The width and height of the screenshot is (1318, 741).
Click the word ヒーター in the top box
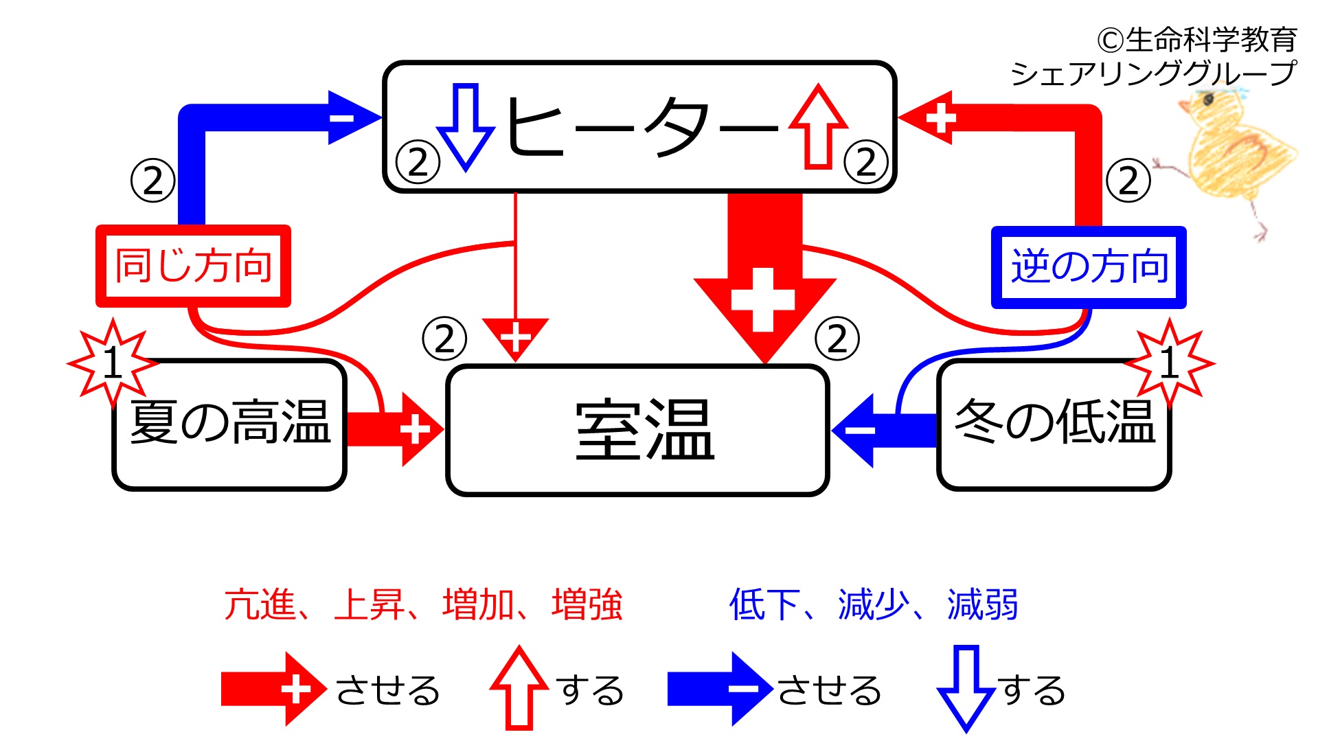[x=642, y=127]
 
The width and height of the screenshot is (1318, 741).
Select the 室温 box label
[x=644, y=430]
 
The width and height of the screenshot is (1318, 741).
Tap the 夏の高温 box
[x=229, y=424]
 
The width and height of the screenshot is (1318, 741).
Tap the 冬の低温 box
[x=1054, y=424]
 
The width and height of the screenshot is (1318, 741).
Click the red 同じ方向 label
[x=194, y=266]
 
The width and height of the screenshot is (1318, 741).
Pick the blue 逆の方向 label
[x=1089, y=267]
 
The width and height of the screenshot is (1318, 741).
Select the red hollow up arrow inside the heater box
[x=818, y=127]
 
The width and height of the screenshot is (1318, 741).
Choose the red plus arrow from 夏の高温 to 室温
[x=395, y=431]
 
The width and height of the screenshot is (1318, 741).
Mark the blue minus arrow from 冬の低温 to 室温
[x=885, y=431]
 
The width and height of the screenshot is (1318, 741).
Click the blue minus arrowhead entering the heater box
[x=354, y=117]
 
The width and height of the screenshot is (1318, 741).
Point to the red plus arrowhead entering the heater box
[x=926, y=117]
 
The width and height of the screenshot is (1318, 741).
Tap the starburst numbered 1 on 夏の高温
[x=113, y=362]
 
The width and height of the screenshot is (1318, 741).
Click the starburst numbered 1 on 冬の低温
[x=1170, y=362]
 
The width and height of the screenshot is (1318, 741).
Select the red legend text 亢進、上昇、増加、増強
[x=423, y=605]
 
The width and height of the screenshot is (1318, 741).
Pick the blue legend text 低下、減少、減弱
[x=874, y=605]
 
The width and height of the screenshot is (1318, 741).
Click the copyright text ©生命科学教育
[x=1197, y=40]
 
